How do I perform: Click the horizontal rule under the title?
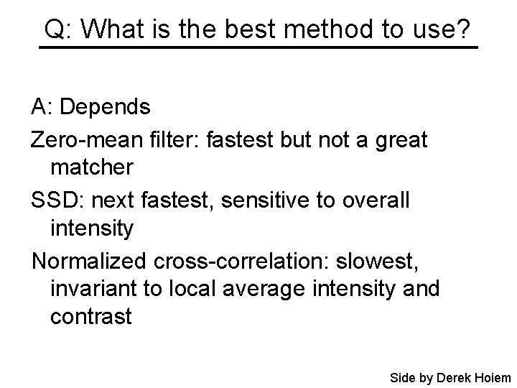[x=258, y=47]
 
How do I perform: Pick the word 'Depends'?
[x=106, y=107]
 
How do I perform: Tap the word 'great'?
[x=398, y=139]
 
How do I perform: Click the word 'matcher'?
[x=91, y=167]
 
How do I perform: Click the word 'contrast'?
[x=91, y=317]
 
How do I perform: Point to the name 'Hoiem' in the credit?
[x=491, y=377]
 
